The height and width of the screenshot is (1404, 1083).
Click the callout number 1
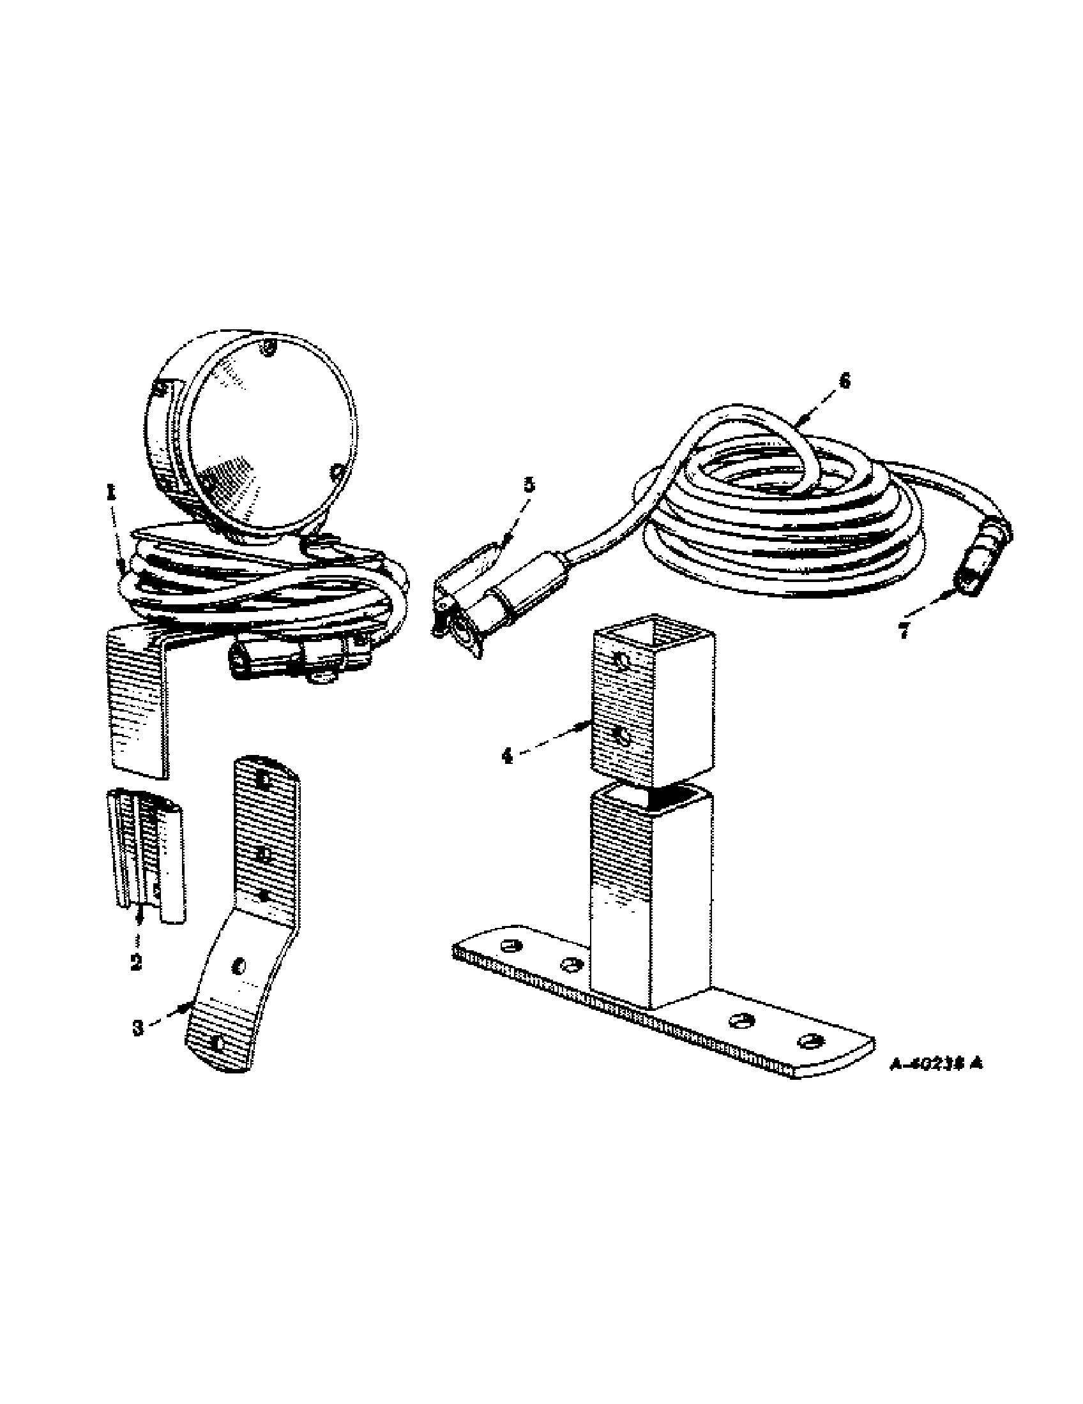pyautogui.click(x=111, y=493)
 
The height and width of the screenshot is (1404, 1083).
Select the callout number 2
pyautogui.click(x=136, y=980)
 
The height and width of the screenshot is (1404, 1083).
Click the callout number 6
pyautogui.click(x=844, y=381)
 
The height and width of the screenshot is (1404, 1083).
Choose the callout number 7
pyautogui.click(x=904, y=632)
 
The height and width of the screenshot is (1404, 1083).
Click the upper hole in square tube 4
pyautogui.click(x=621, y=661)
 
